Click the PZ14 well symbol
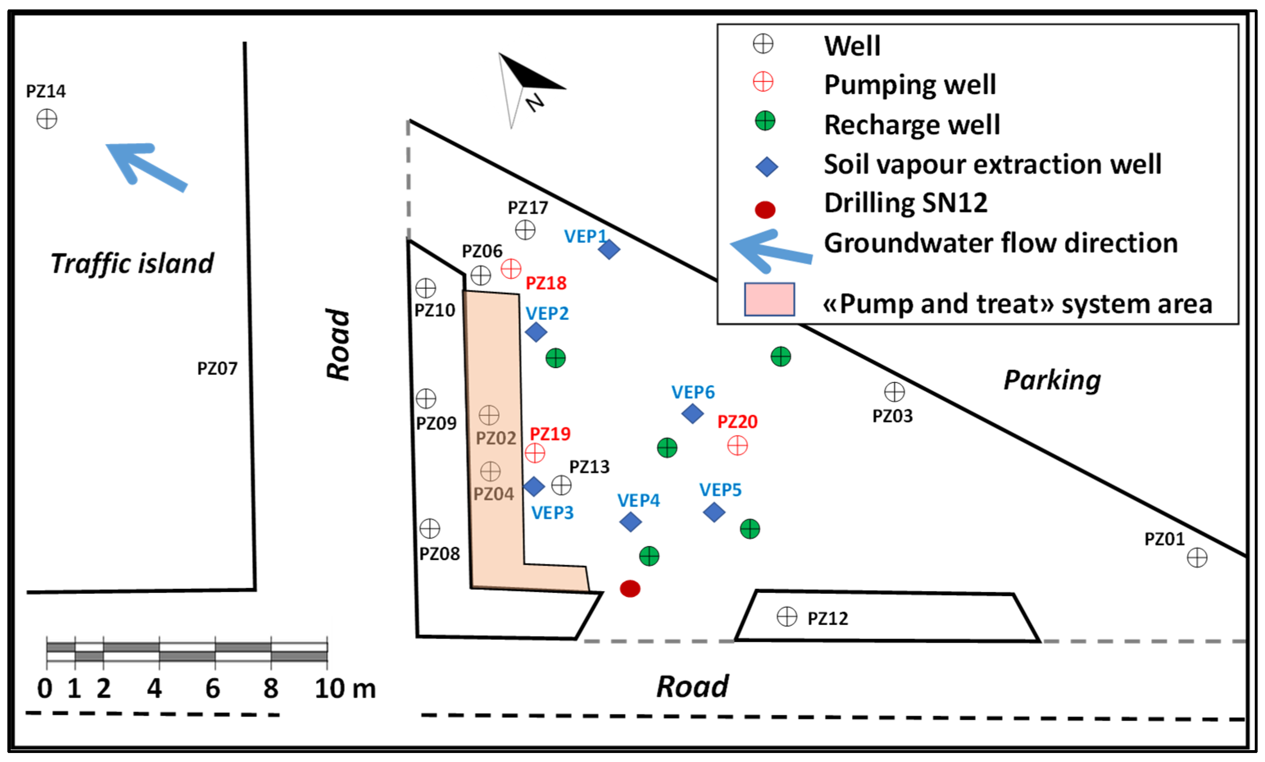(x=47, y=120)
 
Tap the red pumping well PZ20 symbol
(x=737, y=445)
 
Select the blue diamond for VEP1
(x=609, y=249)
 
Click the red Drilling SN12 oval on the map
(x=630, y=588)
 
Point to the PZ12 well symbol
(x=787, y=616)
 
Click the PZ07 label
(x=217, y=369)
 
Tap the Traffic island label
(x=132, y=264)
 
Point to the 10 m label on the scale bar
(x=345, y=688)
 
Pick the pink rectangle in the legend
(x=769, y=299)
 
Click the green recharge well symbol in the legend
(x=765, y=121)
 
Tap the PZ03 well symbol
(x=894, y=392)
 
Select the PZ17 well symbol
(x=525, y=230)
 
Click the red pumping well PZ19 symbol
(x=535, y=452)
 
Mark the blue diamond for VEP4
(x=630, y=522)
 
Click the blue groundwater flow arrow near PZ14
(x=146, y=167)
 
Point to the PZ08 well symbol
(x=430, y=528)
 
